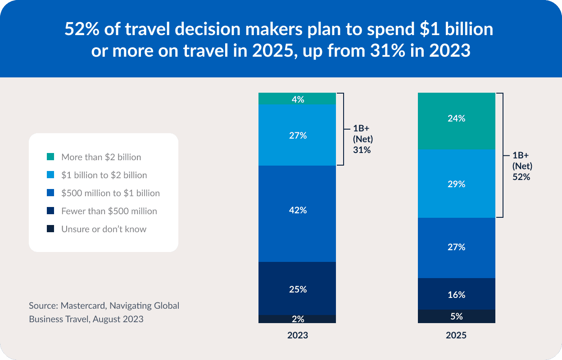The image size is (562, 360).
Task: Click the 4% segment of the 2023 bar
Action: coord(297,99)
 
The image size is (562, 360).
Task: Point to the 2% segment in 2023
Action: coord(297,319)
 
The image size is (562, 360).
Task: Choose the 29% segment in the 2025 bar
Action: coord(457,184)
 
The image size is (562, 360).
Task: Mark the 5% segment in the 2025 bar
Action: coord(457,316)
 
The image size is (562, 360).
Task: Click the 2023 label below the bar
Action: coord(298,336)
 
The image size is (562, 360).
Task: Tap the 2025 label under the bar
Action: coord(456,336)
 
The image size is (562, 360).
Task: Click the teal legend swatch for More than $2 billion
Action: coord(50,157)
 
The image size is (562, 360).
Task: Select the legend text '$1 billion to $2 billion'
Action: coord(104,175)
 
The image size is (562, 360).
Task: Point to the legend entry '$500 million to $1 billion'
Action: coord(110,193)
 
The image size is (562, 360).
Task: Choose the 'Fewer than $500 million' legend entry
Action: coord(109,211)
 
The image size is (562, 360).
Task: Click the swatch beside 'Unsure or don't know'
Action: coord(50,229)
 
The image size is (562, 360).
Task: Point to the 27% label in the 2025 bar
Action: coord(457,247)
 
